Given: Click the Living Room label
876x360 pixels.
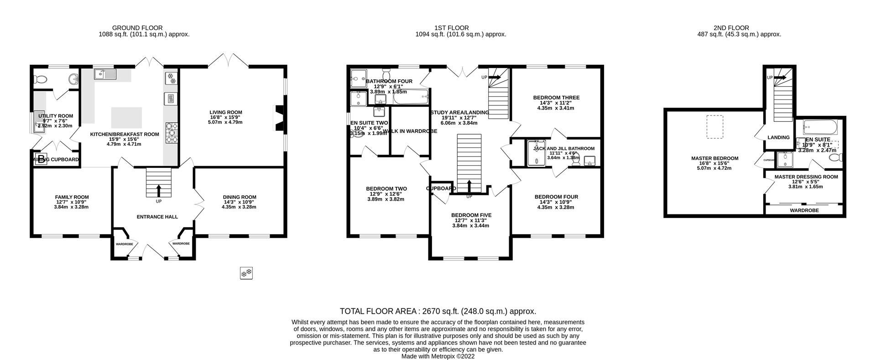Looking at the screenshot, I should (225, 112).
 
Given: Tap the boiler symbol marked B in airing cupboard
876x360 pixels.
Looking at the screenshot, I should (41, 159).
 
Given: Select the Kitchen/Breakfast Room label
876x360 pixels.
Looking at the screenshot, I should (124, 134).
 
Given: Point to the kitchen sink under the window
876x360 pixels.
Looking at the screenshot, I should (105, 74).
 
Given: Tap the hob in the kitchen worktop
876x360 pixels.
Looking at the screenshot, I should (171, 132).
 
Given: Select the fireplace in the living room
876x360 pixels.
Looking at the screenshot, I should (278, 118).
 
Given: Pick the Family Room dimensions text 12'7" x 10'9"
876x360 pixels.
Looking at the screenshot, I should (71, 202).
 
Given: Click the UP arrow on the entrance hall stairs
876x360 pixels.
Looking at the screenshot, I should (159, 189).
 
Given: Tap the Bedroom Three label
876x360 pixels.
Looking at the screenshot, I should (556, 98).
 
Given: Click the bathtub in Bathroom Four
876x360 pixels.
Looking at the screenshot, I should (411, 96).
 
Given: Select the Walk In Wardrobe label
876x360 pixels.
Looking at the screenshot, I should (410, 131).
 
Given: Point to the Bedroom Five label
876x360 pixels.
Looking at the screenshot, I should (471, 215).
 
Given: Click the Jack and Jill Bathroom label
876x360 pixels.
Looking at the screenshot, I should (563, 148).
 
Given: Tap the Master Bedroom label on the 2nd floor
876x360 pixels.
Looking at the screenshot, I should (714, 158).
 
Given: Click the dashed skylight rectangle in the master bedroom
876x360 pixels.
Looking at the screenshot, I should (714, 127).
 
